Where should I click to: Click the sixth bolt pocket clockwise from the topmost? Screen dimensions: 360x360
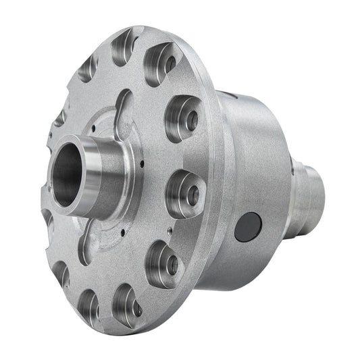click(x=128, y=301)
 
